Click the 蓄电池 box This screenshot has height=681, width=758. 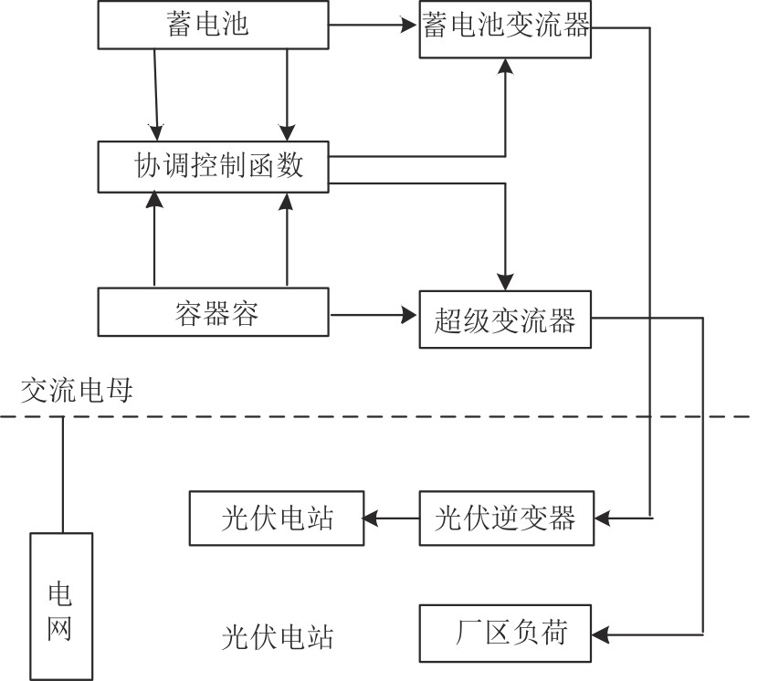[x=212, y=25]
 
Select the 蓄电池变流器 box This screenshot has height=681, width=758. [x=505, y=28]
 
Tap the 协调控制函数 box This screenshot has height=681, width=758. [x=212, y=166]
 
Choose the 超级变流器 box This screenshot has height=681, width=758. [x=505, y=320]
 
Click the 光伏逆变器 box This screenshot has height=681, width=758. [x=505, y=519]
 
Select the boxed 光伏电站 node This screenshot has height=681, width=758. [x=276, y=519]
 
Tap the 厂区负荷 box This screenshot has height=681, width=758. [x=505, y=632]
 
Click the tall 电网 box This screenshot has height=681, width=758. [x=62, y=605]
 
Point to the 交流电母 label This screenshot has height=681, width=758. [x=78, y=392]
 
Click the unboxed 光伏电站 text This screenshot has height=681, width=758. [x=278, y=636]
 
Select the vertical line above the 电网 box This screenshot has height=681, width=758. [x=62, y=475]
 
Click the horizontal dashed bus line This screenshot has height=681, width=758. [x=384, y=417]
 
